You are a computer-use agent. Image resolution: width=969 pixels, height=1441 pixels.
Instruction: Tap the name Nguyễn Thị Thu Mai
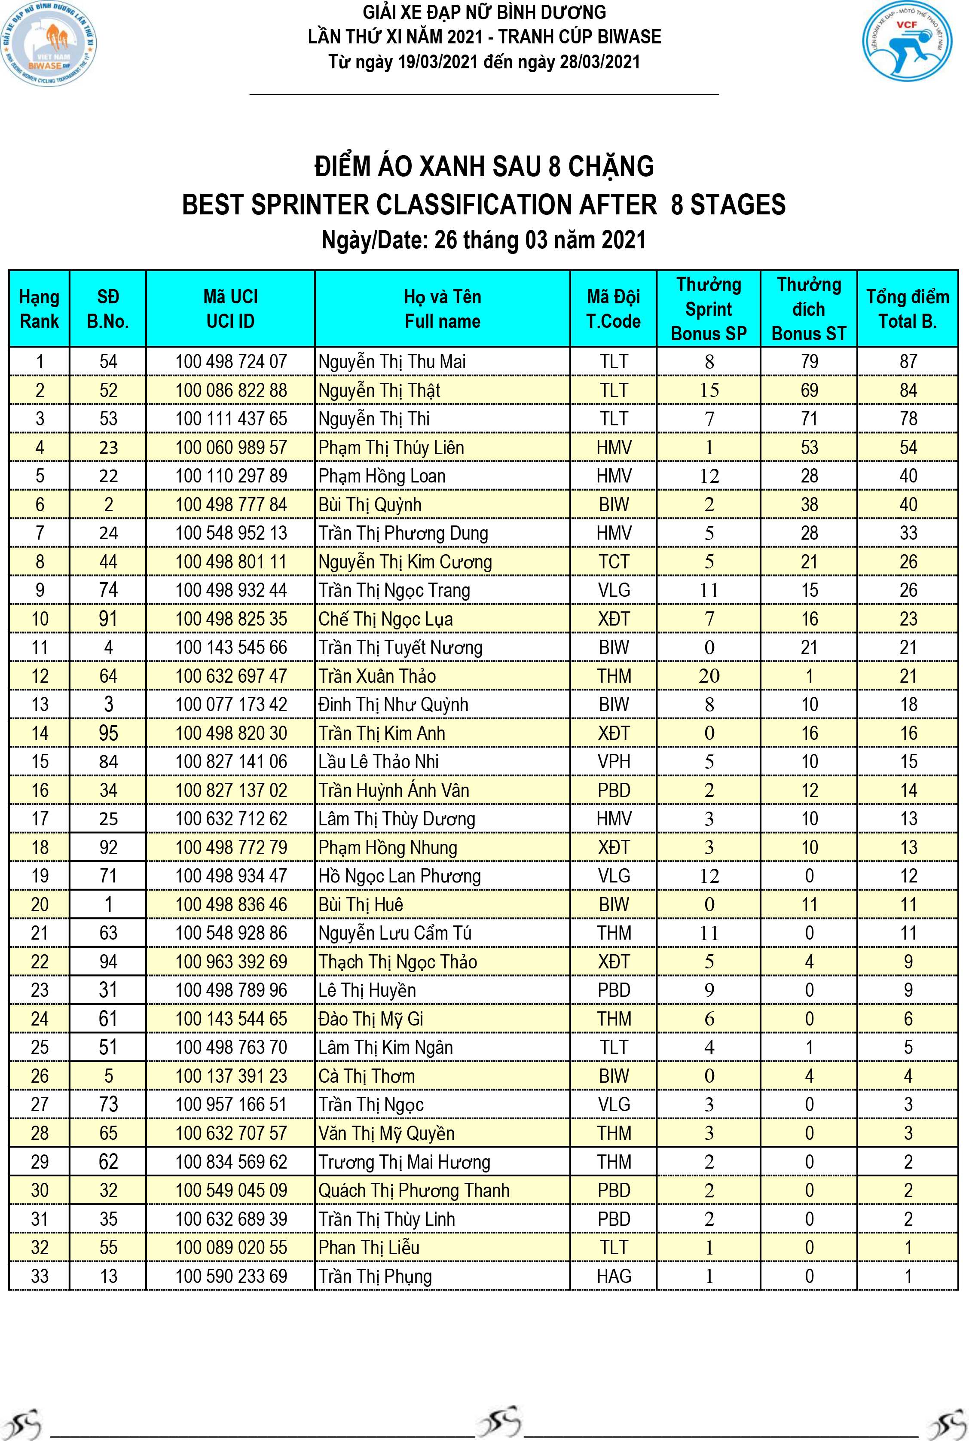(x=392, y=361)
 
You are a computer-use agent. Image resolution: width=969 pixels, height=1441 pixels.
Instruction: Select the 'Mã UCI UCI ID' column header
(x=230, y=309)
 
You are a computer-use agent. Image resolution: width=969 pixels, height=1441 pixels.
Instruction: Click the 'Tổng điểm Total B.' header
(x=907, y=309)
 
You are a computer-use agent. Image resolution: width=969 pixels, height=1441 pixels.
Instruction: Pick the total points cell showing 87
(x=908, y=361)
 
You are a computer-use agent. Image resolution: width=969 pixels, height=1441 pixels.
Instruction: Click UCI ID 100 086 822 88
(x=231, y=391)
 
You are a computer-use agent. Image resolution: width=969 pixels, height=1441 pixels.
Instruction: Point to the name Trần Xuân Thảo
(x=377, y=676)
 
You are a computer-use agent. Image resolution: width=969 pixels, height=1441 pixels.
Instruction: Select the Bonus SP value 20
(x=709, y=676)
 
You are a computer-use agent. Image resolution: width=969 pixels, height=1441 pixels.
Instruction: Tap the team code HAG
(x=614, y=1276)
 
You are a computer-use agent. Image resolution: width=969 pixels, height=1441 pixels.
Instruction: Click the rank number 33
(x=40, y=1276)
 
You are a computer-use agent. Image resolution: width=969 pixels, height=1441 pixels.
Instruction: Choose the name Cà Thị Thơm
(x=367, y=1076)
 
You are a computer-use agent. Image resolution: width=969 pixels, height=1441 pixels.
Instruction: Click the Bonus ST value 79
(x=809, y=361)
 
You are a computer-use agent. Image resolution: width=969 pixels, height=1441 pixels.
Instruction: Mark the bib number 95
(x=108, y=733)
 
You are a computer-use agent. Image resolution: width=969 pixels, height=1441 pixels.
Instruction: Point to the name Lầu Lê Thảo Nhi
(x=378, y=762)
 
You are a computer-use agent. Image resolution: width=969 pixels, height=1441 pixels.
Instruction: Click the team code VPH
(x=614, y=762)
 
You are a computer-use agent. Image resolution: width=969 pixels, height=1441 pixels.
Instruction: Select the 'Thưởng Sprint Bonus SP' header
(x=709, y=309)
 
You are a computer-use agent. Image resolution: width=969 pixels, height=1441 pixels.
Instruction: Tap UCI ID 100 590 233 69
(x=231, y=1276)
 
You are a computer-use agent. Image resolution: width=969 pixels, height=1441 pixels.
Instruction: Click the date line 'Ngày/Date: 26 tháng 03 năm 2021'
(x=484, y=240)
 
